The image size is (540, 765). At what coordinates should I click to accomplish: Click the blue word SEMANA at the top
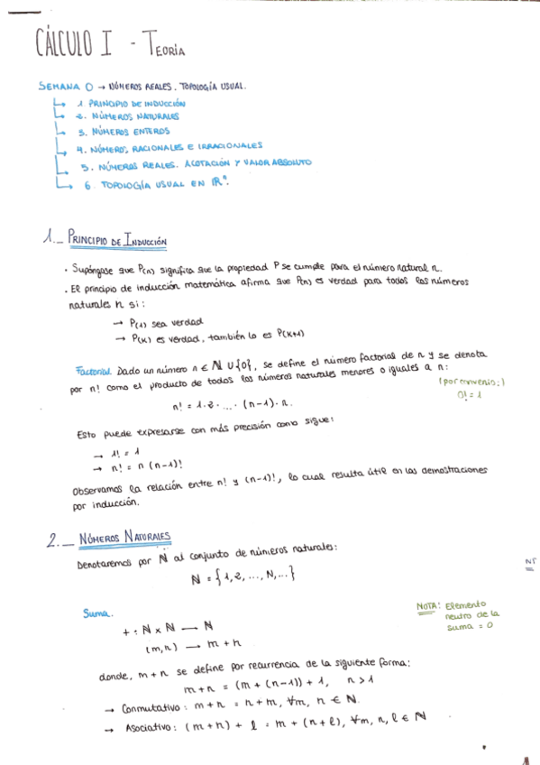pos(60,88)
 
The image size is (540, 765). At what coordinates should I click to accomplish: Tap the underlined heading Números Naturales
pos(124,538)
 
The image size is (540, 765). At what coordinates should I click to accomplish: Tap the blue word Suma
pos(97,613)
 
